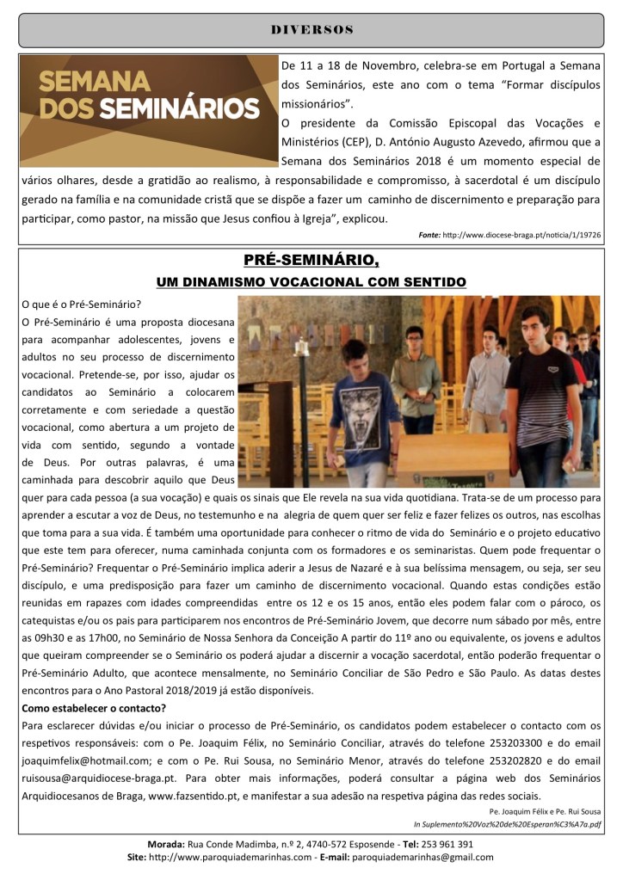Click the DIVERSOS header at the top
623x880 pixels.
coord(311,29)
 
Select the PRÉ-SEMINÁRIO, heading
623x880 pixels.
coord(311,261)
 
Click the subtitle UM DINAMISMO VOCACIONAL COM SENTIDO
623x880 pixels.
coord(311,282)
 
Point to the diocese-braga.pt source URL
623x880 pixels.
coord(522,234)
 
